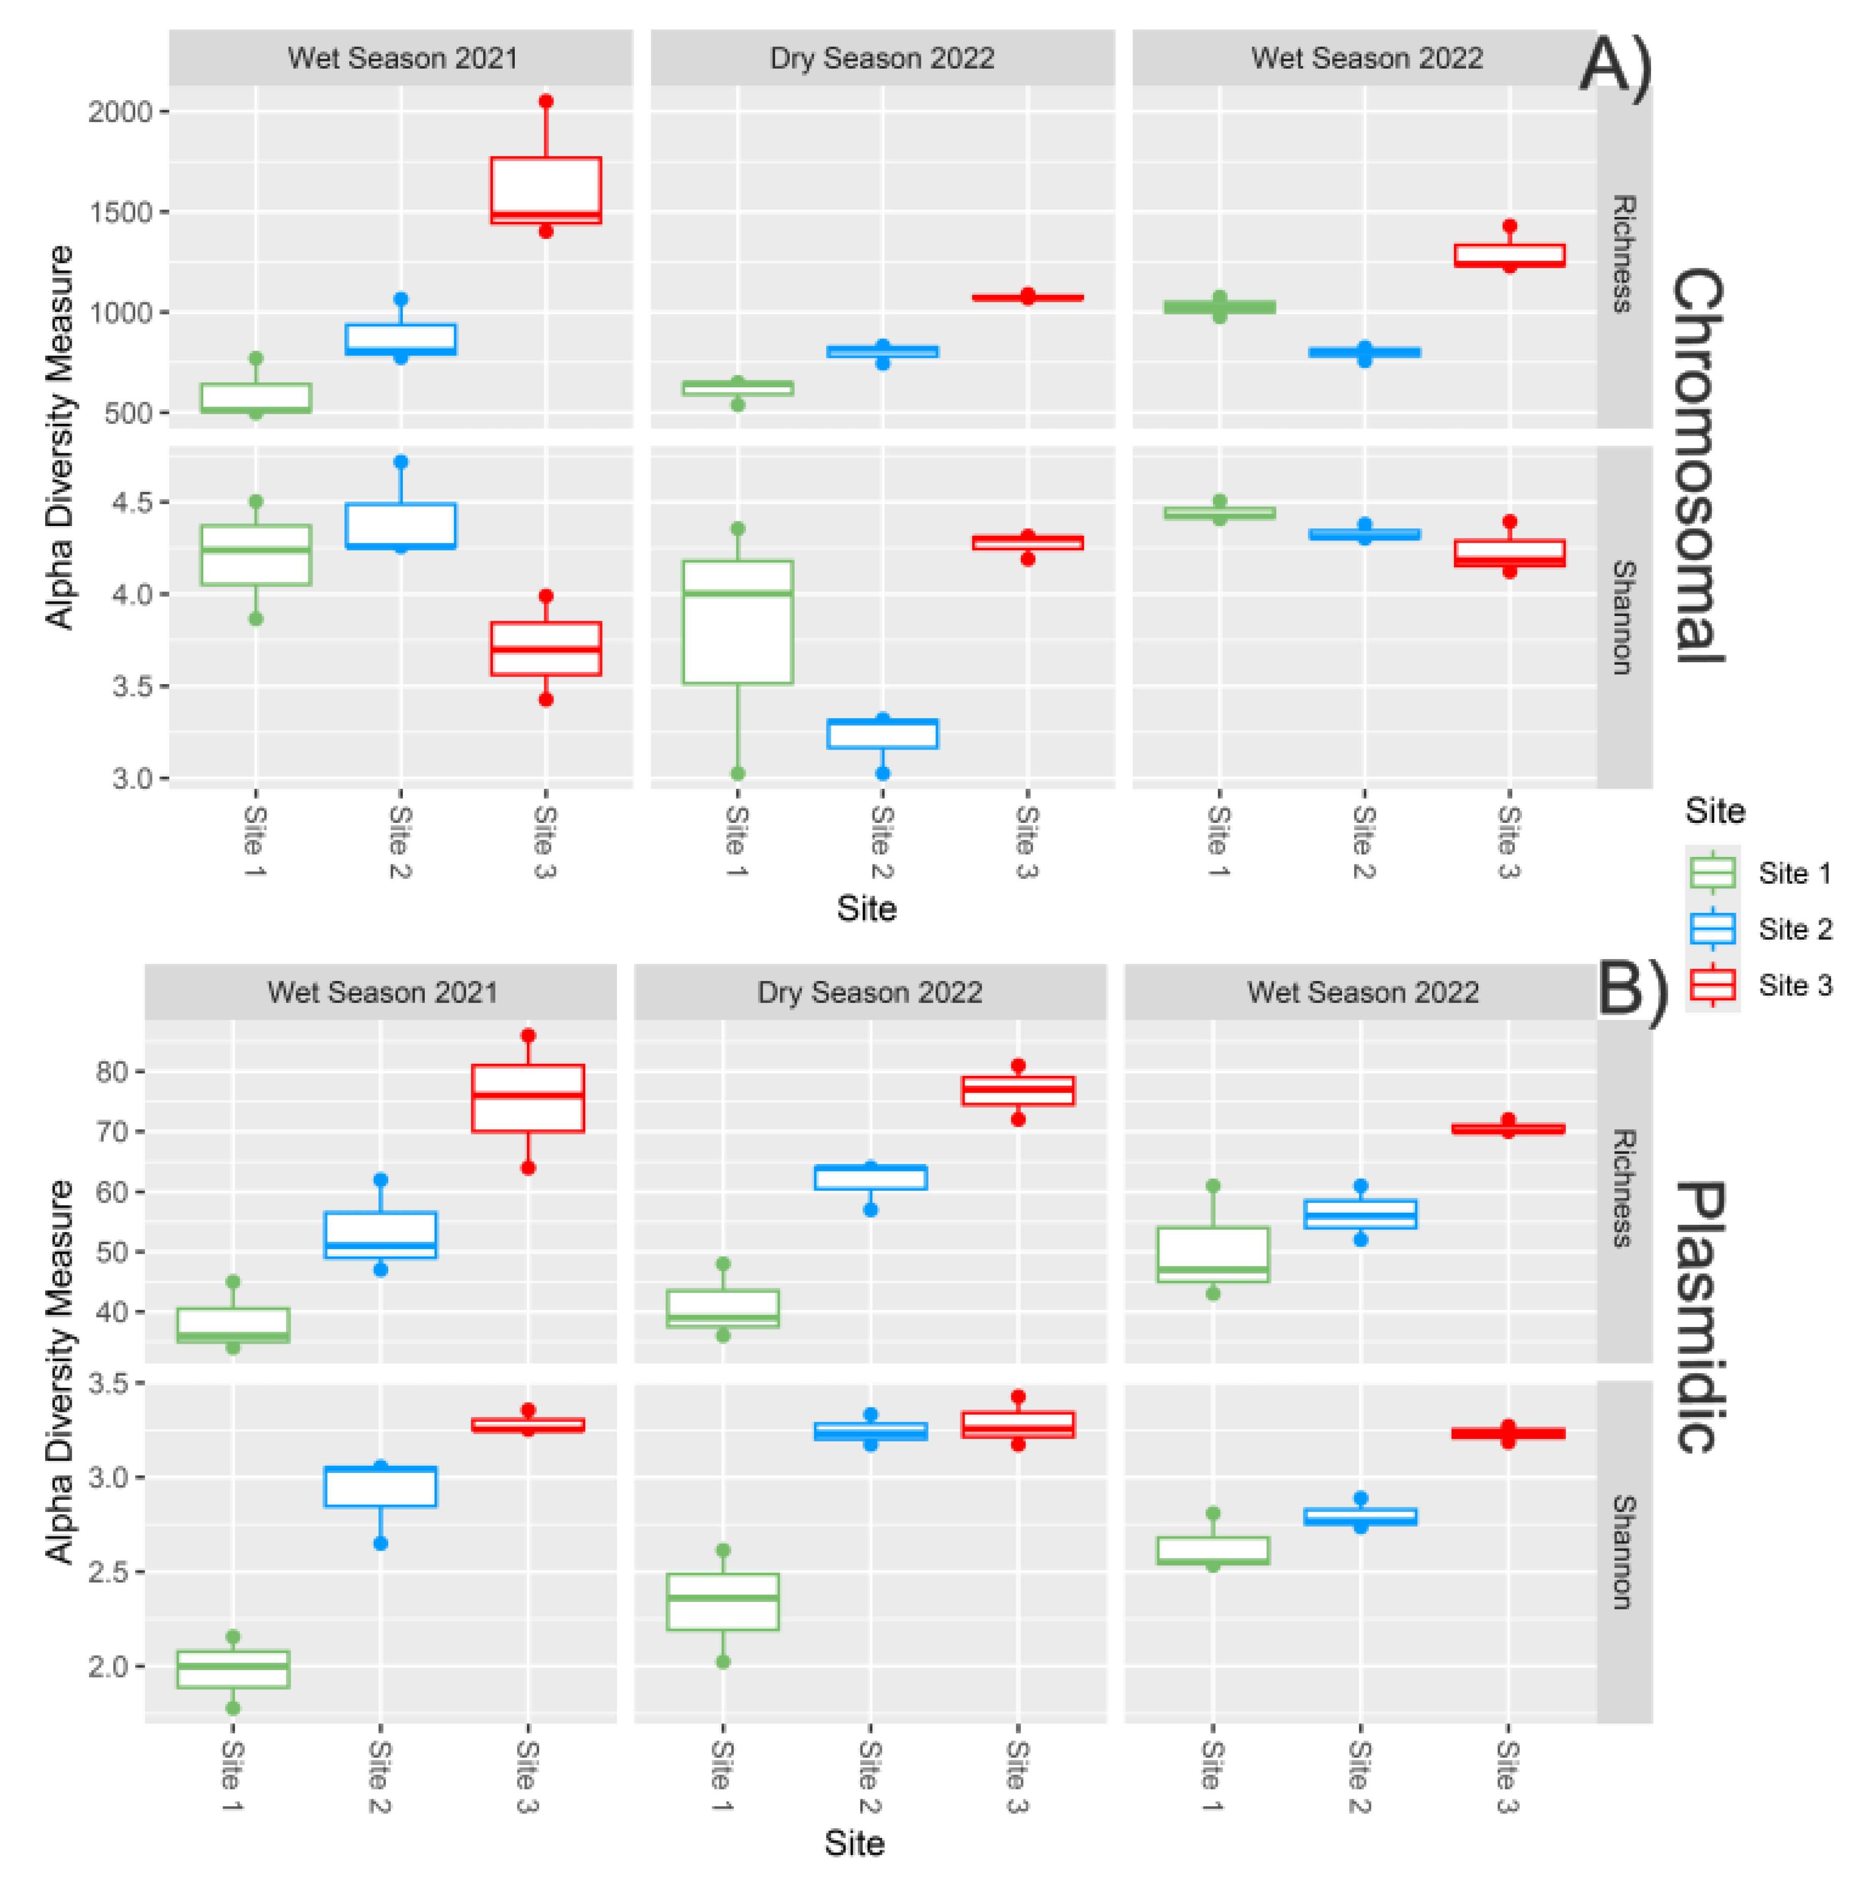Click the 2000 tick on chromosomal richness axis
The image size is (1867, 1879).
(120, 112)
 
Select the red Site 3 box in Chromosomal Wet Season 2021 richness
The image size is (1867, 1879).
(545, 190)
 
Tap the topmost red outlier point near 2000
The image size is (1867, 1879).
(545, 101)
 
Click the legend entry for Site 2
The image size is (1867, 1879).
(1761, 929)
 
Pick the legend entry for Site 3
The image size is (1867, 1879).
(1761, 985)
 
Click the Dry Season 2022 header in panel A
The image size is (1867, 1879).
(882, 58)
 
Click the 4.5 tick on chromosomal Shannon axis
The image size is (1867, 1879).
(132, 503)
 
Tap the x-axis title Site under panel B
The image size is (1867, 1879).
(854, 1843)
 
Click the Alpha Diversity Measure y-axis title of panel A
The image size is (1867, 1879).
(60, 438)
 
